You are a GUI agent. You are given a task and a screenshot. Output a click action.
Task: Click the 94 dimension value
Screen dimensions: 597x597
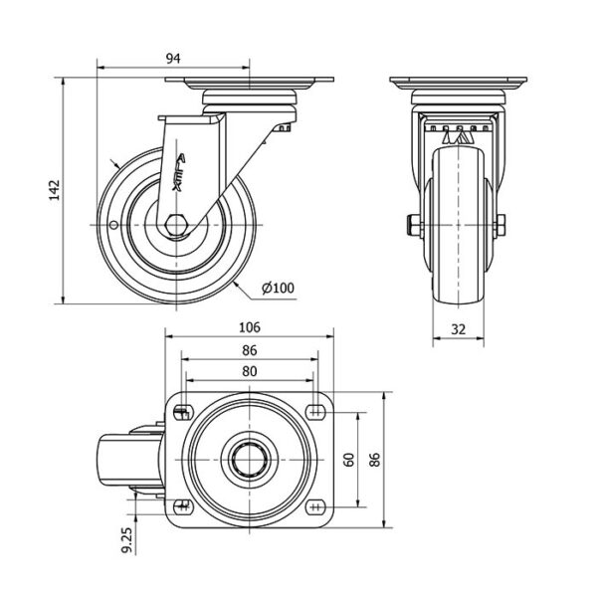(x=173, y=59)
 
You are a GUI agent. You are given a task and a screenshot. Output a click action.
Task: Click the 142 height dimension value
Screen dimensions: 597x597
(x=56, y=188)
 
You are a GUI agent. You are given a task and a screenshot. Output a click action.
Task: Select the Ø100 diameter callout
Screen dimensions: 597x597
(x=278, y=289)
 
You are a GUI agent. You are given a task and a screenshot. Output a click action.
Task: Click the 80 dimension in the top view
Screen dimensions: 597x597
(x=250, y=371)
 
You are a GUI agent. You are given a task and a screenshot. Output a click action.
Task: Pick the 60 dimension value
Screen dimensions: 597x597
(x=347, y=459)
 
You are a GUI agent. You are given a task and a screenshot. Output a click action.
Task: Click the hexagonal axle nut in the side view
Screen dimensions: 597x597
(x=175, y=225)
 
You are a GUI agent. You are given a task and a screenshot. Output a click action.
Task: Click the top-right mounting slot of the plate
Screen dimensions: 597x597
(x=316, y=411)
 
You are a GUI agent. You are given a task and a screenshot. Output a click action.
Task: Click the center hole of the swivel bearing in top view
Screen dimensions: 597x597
(x=249, y=459)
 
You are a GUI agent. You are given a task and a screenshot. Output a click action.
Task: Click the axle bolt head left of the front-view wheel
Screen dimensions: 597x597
(x=411, y=224)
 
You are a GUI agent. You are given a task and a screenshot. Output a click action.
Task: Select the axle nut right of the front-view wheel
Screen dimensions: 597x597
(x=498, y=224)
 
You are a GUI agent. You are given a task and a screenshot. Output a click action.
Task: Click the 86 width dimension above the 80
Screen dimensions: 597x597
(x=250, y=350)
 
